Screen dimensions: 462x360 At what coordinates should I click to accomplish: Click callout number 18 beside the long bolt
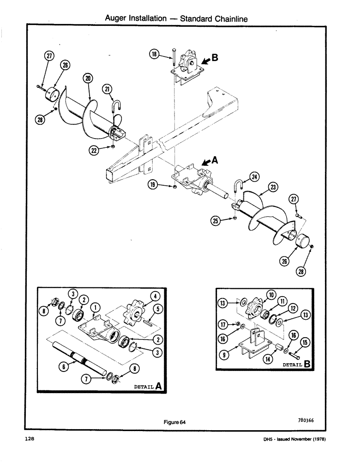click(154, 55)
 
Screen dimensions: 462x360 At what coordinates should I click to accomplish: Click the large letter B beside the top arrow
click(215, 58)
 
